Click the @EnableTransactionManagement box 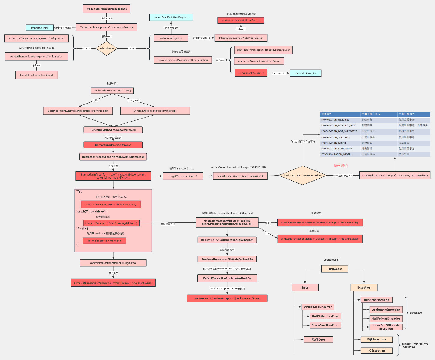pos(106,9)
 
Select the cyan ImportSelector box pos(40,28)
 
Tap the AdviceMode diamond pos(106,48)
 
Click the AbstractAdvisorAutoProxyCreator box pos(241,20)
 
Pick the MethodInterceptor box pos(305,73)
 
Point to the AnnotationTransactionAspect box pos(37,75)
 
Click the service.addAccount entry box pos(112,91)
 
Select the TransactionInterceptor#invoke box pos(113,145)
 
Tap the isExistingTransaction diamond pos(303,175)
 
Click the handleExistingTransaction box pos(395,175)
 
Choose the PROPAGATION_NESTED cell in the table pos(334,143)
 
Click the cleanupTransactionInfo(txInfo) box pos(104,241)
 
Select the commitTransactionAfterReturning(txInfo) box pos(113,263)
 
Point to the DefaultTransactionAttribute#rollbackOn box pos(227,278)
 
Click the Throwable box pos(334,269)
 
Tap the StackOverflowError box pos(325,325)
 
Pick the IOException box pos(376,351)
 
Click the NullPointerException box pos(386,319)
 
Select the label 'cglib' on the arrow pos(95,100)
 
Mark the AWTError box pos(318,340)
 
